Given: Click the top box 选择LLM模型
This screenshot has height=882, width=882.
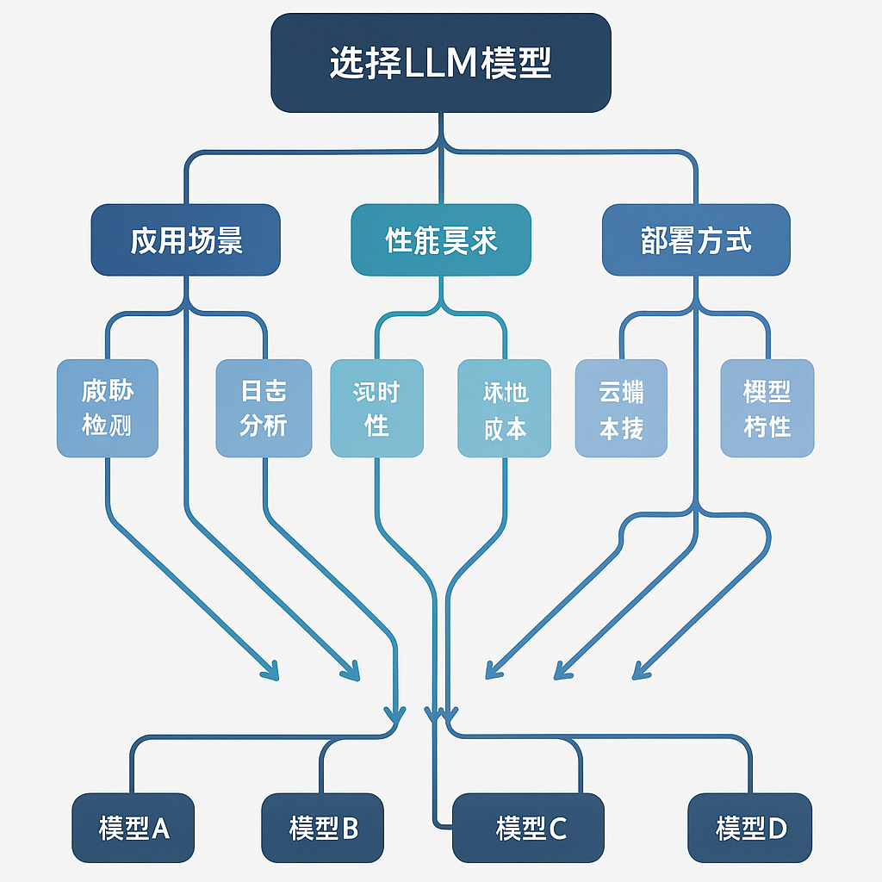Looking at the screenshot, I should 441,63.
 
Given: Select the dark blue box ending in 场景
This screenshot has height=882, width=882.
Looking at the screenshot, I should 186,240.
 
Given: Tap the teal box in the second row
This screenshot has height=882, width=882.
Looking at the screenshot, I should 441,240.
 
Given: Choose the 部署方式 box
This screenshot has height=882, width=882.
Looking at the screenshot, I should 696,240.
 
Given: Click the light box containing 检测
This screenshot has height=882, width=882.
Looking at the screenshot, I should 108,408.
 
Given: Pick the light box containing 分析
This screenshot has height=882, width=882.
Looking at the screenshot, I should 264,408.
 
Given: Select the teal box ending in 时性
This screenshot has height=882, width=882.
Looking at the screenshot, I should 377,408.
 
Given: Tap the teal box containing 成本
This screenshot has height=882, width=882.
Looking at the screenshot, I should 504,408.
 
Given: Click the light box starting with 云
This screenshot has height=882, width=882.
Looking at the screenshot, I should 621,408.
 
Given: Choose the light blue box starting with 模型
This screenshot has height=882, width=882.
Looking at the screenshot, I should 767,408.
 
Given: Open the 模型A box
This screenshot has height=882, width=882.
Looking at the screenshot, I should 134,829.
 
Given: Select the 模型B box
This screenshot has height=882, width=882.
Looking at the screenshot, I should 323,829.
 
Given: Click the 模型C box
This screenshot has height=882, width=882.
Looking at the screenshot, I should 529,829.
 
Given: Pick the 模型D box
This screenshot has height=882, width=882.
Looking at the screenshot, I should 750,829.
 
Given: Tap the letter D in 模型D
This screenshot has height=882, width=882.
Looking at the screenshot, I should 777,829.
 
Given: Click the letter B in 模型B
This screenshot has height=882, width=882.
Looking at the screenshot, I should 350,829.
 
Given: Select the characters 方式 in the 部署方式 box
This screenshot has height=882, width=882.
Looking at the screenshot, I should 725,240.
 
